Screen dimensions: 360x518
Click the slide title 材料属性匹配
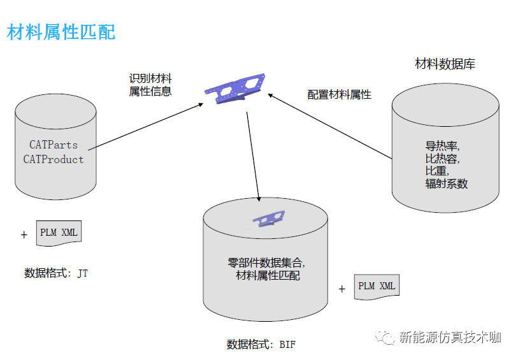tap(61, 32)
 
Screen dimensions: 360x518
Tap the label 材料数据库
tap(445, 64)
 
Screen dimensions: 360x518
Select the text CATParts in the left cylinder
tap(54, 145)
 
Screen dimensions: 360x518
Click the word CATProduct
tap(54, 159)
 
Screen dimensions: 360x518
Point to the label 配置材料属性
tap(339, 95)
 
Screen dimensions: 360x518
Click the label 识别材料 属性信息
tap(150, 85)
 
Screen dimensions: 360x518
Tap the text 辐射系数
tap(447, 184)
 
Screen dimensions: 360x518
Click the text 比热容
tap(442, 159)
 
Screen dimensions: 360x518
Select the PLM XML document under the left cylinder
tap(59, 233)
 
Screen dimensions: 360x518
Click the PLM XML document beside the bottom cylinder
tap(377, 287)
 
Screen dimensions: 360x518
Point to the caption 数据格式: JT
tap(56, 273)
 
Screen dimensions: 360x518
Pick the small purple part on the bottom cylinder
tap(268, 219)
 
